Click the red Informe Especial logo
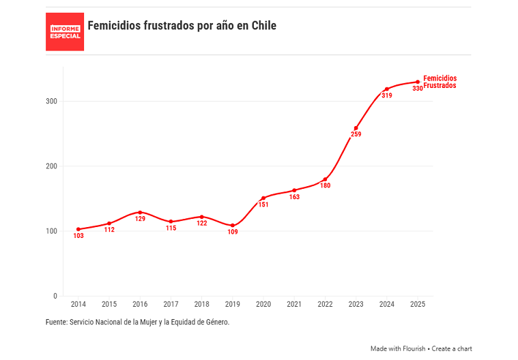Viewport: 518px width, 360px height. click(65, 31)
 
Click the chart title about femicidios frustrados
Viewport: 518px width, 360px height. click(182, 26)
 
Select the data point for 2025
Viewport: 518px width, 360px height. click(418, 82)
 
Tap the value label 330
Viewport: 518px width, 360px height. click(418, 89)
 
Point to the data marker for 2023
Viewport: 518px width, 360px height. click(356, 128)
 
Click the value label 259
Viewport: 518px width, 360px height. click(356, 134)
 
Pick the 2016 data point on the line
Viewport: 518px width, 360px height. click(140, 212)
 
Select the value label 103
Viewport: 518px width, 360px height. click(78, 236)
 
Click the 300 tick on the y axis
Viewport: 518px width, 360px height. click(51, 101)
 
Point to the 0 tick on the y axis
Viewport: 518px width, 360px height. click(55, 296)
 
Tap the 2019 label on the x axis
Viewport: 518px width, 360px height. click(233, 305)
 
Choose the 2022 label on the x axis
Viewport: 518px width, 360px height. click(325, 305)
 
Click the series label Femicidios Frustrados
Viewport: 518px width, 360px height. click(440, 82)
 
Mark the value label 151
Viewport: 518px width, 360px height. click(263, 205)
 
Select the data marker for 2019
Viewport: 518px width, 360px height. click(233, 225)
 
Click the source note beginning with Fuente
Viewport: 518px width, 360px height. click(137, 322)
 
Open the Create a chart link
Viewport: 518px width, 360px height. click(452, 348)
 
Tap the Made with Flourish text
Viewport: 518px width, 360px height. click(398, 348)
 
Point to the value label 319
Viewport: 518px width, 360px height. click(387, 96)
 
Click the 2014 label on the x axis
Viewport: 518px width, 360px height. click(78, 305)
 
